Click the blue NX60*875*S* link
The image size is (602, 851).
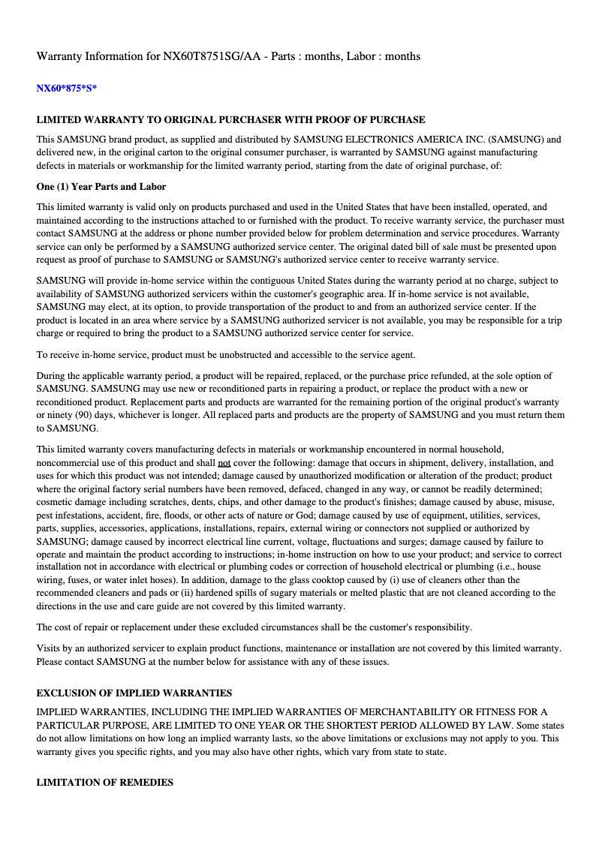coord(67,89)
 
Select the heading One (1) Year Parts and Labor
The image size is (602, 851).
coord(101,186)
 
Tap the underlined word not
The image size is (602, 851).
coord(224,463)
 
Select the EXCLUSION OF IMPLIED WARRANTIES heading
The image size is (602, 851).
coord(134,693)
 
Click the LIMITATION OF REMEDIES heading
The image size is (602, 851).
coord(105,782)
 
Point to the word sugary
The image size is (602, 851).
coord(235,593)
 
